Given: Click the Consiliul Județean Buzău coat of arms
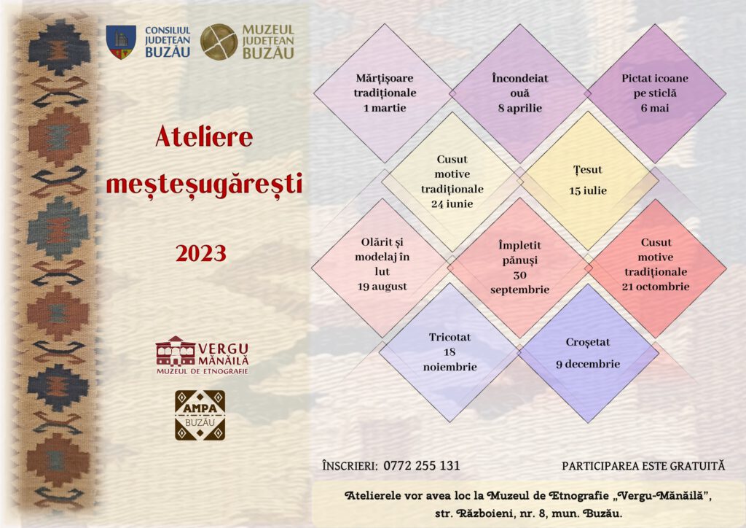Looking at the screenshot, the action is point(121,42).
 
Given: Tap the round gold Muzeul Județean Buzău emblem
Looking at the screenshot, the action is point(219,42).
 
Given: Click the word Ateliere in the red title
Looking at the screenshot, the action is point(204,137).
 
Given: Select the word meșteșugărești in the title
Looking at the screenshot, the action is point(204,185).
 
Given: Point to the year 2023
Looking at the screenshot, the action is point(201,253).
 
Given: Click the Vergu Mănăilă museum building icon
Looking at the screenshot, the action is point(175,352).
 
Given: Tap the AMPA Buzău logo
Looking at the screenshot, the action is point(200,415).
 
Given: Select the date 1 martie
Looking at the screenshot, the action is point(385,108).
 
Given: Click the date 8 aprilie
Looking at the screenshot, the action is point(520,109).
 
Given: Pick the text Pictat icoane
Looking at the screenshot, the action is point(655,79).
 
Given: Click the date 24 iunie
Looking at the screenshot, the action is point(452,204).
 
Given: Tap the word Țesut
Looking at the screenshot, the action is point(588,170).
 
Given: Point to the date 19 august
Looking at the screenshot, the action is point(382,287).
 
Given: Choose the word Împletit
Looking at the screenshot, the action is point(519,246).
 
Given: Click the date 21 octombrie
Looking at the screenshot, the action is point(656,287).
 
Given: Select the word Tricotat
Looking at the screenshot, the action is point(449,338).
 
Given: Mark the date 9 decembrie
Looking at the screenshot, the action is point(588,364).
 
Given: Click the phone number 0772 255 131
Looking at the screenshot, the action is point(422,465).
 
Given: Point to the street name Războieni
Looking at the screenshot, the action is point(484,513).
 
